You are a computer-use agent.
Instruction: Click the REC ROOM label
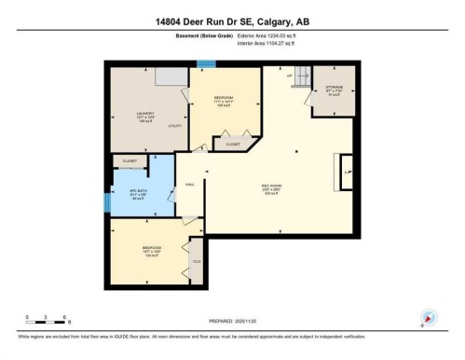(271, 189)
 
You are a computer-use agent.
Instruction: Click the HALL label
(190, 185)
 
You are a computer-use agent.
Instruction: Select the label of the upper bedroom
(223, 100)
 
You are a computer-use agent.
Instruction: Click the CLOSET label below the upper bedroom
(232, 144)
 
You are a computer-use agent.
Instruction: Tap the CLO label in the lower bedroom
(197, 261)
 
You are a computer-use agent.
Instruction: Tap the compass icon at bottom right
(428, 317)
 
